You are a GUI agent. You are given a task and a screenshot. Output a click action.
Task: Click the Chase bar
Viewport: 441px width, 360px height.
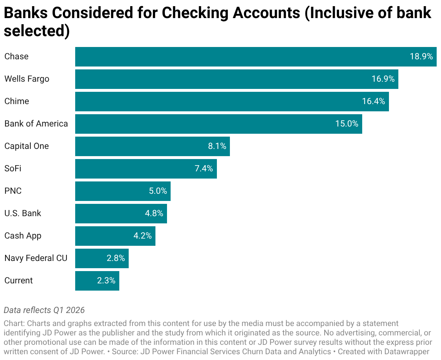(256, 57)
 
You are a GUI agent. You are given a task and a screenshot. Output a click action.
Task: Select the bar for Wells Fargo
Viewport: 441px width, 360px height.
(237, 79)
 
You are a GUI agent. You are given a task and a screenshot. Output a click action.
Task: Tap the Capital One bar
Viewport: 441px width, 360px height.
(153, 146)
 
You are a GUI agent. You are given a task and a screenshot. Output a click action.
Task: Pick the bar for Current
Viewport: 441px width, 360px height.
(97, 281)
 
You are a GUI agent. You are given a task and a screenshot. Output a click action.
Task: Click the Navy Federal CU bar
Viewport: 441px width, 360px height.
(102, 258)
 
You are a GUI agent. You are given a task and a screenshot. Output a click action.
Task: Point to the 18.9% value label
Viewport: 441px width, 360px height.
(421, 56)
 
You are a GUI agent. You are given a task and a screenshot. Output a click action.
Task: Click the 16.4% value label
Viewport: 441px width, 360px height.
(373, 102)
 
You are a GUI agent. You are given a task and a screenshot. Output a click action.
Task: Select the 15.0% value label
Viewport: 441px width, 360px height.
(347, 124)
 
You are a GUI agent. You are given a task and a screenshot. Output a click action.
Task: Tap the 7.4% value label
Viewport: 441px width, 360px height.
(204, 168)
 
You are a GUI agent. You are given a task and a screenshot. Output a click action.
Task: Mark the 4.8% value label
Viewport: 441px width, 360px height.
(154, 214)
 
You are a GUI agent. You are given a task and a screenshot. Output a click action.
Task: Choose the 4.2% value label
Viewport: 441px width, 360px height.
(142, 236)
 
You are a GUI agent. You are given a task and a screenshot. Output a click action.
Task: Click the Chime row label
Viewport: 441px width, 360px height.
(17, 102)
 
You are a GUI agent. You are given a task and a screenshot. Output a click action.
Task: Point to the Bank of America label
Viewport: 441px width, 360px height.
(36, 124)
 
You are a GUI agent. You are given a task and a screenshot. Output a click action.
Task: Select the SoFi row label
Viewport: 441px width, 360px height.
(13, 168)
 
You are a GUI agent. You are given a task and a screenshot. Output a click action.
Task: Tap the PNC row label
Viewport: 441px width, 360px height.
(13, 191)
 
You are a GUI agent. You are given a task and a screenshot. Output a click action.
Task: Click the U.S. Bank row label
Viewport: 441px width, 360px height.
(23, 214)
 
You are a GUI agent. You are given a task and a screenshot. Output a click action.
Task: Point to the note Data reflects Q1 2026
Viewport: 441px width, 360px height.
(44, 310)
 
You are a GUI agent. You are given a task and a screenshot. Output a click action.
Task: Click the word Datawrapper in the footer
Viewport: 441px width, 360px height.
(407, 352)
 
